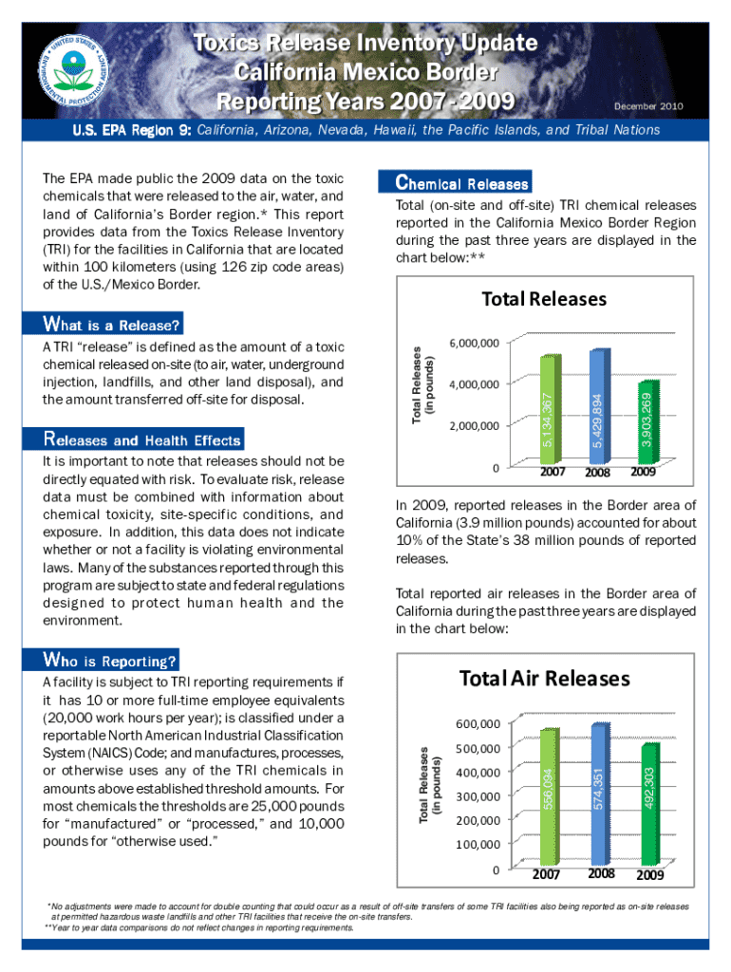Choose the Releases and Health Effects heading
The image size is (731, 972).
[x=142, y=440]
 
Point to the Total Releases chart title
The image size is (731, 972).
[x=544, y=299]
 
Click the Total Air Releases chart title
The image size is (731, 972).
[x=544, y=679]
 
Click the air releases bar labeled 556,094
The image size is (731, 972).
[x=550, y=797]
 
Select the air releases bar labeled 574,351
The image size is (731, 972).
[x=598, y=794]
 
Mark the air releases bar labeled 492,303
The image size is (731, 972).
[x=648, y=804]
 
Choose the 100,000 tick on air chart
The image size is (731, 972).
[x=478, y=844]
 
